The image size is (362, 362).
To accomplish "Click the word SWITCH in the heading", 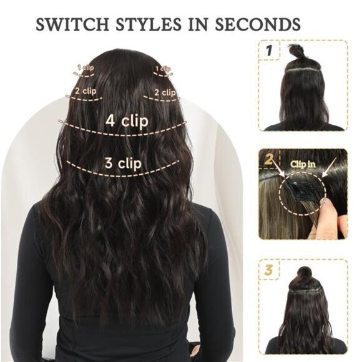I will pos(69,26).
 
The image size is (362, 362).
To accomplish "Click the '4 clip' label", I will pos(126,120).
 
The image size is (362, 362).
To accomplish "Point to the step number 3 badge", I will pos(269,271).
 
